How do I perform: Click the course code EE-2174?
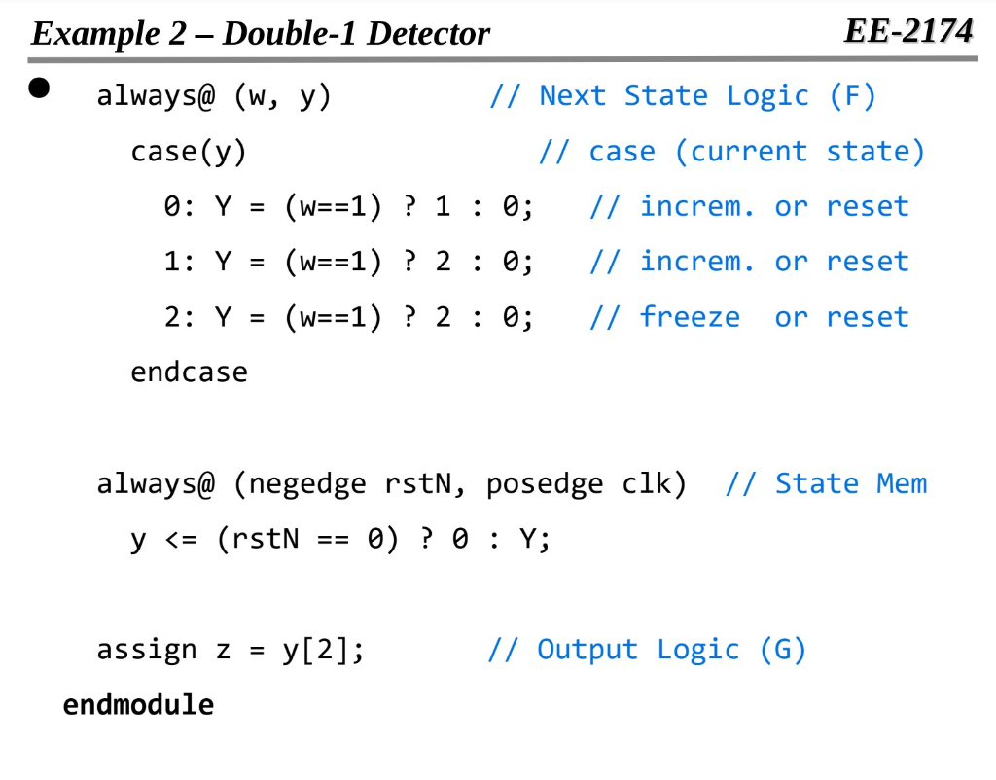point(907,31)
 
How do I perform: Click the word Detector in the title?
point(429,34)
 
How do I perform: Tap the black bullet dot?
point(39,89)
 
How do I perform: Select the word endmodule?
point(138,704)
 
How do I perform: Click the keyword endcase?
point(189,372)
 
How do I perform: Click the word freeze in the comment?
point(690,317)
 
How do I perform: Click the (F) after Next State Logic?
point(853,95)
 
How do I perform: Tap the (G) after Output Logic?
point(783,649)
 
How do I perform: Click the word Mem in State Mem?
point(902,483)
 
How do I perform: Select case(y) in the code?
point(189,152)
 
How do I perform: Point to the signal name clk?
point(647,483)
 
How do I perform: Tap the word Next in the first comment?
point(573,95)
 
